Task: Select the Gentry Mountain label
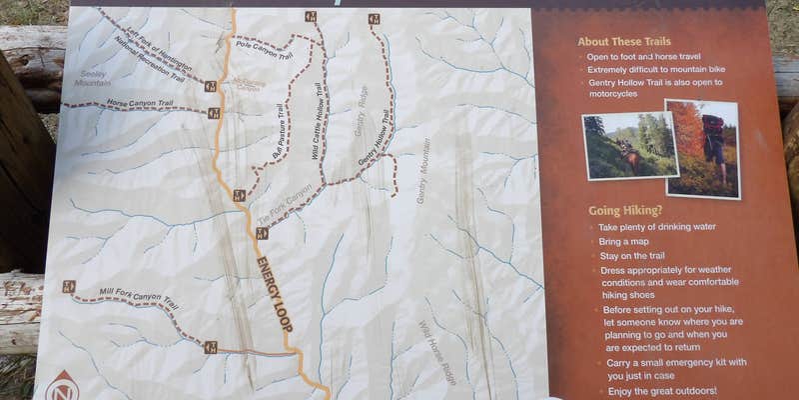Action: point(423,170)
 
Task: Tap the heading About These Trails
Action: point(623,41)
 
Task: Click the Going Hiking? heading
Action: point(624,210)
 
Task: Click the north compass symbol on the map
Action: point(63,386)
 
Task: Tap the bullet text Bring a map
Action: point(624,241)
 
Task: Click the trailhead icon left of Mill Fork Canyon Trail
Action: point(69,287)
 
